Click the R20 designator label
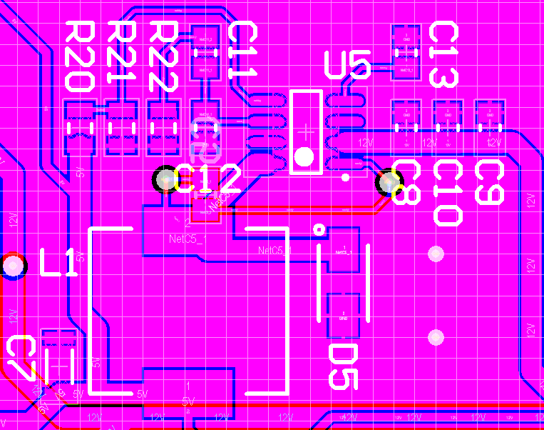coord(79,56)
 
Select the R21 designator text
coord(122,56)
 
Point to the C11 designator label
coord(242,50)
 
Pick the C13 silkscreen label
coord(445,54)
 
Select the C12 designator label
coord(207,179)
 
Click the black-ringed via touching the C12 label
coord(165,179)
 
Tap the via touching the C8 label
coord(388,183)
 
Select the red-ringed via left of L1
coord(13,266)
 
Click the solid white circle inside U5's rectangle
coord(304,156)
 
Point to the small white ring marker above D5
coord(319,229)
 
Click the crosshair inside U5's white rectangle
coord(305,131)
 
